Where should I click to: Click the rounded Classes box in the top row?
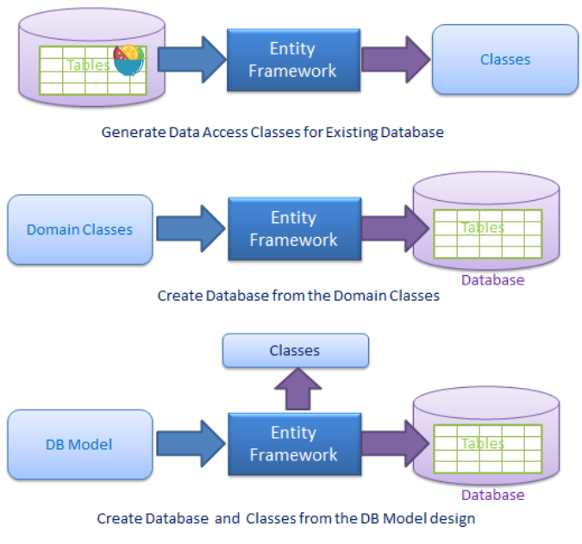504,59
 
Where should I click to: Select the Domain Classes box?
79,229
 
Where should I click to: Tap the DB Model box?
79,445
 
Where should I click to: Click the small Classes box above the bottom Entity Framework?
295,351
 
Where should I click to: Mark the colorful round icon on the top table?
128,59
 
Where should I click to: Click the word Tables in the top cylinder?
88,65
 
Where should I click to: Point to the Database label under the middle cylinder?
492,280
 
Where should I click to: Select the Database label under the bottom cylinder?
492,495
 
